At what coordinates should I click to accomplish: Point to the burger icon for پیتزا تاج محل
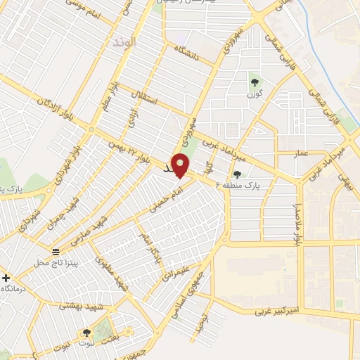[55, 252]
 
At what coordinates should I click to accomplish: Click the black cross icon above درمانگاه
[6, 278]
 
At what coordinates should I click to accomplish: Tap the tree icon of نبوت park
[86, 333]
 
